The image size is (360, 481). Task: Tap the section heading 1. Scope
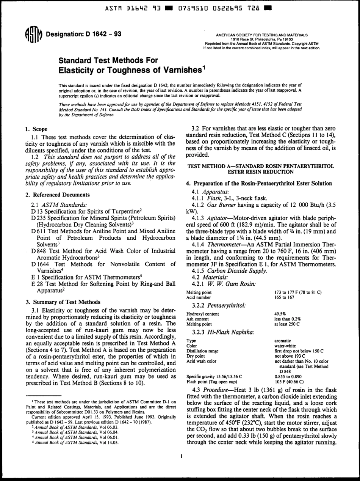34,129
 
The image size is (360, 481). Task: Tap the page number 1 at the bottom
182,457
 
